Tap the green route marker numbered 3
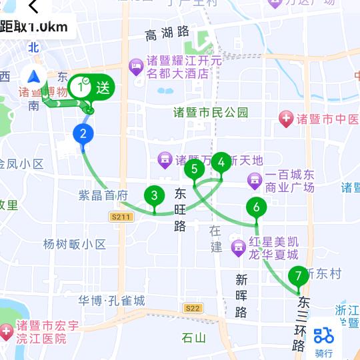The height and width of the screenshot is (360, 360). point(155,196)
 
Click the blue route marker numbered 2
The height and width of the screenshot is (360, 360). point(83,134)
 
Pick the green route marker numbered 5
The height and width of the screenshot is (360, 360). point(194,169)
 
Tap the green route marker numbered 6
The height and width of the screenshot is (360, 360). point(256,207)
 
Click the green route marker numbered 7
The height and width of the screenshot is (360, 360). point(298,275)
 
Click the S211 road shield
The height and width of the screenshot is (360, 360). point(120,217)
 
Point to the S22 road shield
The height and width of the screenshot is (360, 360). point(193,307)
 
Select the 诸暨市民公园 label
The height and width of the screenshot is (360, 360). point(210,112)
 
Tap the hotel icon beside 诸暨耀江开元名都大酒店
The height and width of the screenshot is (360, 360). point(137,65)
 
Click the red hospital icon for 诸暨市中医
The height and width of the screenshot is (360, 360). point(286,119)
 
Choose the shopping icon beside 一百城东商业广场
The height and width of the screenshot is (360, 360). point(254,179)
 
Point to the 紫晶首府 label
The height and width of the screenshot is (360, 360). point(103,196)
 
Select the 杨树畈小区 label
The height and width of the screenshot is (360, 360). point(74,244)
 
